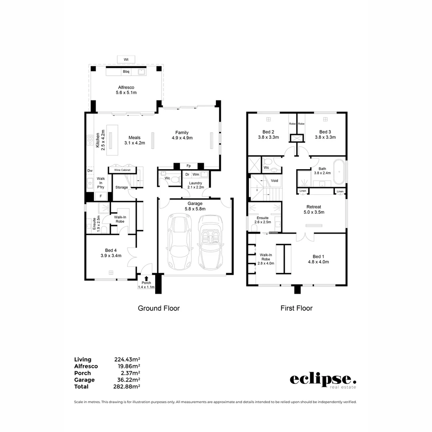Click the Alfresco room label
point(126,87)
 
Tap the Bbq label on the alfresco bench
point(126,72)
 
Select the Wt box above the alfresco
point(126,60)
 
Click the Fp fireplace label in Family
point(188,166)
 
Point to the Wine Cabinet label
point(122,170)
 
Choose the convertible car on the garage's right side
point(210,242)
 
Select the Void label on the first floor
point(274,181)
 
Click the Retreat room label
point(315,207)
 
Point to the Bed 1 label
point(318,256)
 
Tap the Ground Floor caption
point(159,308)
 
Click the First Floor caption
point(296,308)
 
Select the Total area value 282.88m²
point(127,386)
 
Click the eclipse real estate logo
point(323,380)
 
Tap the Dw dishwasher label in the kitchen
point(90,171)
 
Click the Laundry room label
point(196,183)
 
